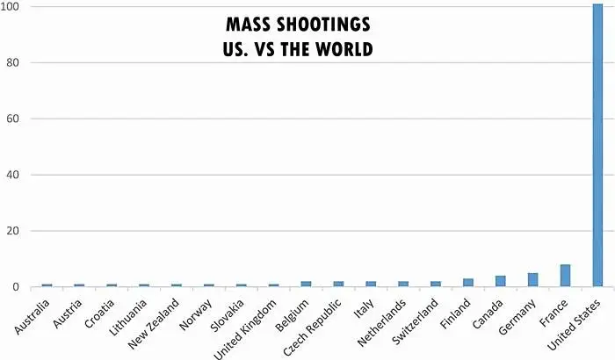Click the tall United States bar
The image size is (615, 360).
click(x=597, y=146)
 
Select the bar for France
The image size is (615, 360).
click(x=565, y=276)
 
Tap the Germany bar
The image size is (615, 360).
click(x=532, y=280)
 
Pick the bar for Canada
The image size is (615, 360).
click(x=500, y=281)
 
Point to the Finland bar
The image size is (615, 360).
click(x=467, y=283)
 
